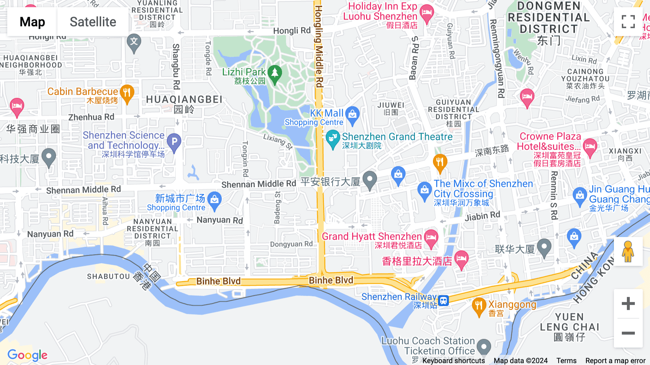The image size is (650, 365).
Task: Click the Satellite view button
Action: click(93, 22)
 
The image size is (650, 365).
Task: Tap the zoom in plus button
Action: click(628, 304)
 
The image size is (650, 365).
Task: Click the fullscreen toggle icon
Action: click(628, 22)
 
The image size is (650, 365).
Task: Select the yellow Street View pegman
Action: click(628, 252)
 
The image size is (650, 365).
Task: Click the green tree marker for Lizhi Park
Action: click(275, 73)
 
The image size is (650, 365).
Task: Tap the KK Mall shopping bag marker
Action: click(352, 115)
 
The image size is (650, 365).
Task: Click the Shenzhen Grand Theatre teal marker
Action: click(332, 139)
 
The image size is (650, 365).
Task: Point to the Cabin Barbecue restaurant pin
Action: click(127, 93)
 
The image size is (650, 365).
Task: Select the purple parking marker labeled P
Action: click(174, 142)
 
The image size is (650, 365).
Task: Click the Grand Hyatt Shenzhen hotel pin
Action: click(431, 238)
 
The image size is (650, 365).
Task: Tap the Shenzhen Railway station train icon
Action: click(443, 300)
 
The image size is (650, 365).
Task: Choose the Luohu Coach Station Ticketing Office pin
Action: click(484, 347)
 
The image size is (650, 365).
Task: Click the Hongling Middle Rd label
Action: click(318, 46)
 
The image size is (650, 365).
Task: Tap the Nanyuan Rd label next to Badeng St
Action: click(220, 220)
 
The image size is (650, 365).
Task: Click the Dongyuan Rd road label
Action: click(291, 244)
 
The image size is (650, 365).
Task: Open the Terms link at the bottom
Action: click(566, 360)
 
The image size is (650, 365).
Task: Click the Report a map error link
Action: click(615, 360)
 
